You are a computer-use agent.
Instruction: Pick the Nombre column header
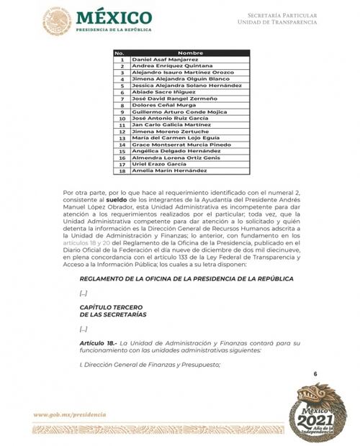(189, 53)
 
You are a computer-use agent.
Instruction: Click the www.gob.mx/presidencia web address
(69, 415)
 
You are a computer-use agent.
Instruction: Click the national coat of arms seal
(56, 22)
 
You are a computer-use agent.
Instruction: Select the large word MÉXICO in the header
(114, 17)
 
